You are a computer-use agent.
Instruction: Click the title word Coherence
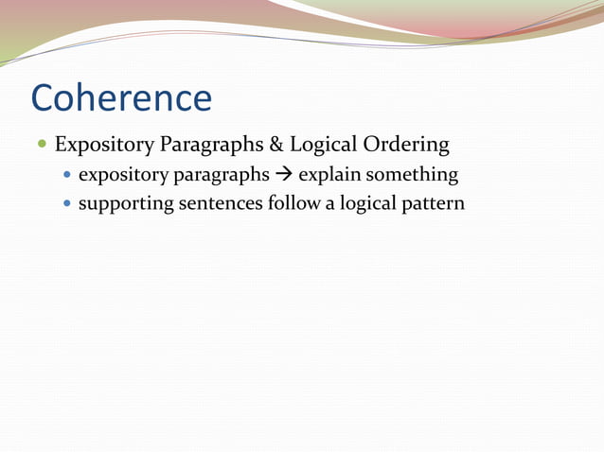click(121, 98)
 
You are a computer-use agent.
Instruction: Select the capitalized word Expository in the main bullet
click(102, 146)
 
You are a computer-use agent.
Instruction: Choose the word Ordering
click(407, 146)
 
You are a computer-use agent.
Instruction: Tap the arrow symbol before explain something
click(284, 175)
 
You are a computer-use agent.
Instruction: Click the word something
click(413, 176)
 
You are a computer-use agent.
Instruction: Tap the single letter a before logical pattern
click(330, 204)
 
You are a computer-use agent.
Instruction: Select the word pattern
click(435, 203)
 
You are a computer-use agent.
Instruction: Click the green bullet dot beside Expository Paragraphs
click(42, 146)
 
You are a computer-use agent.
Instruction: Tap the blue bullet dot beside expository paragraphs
click(66, 176)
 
